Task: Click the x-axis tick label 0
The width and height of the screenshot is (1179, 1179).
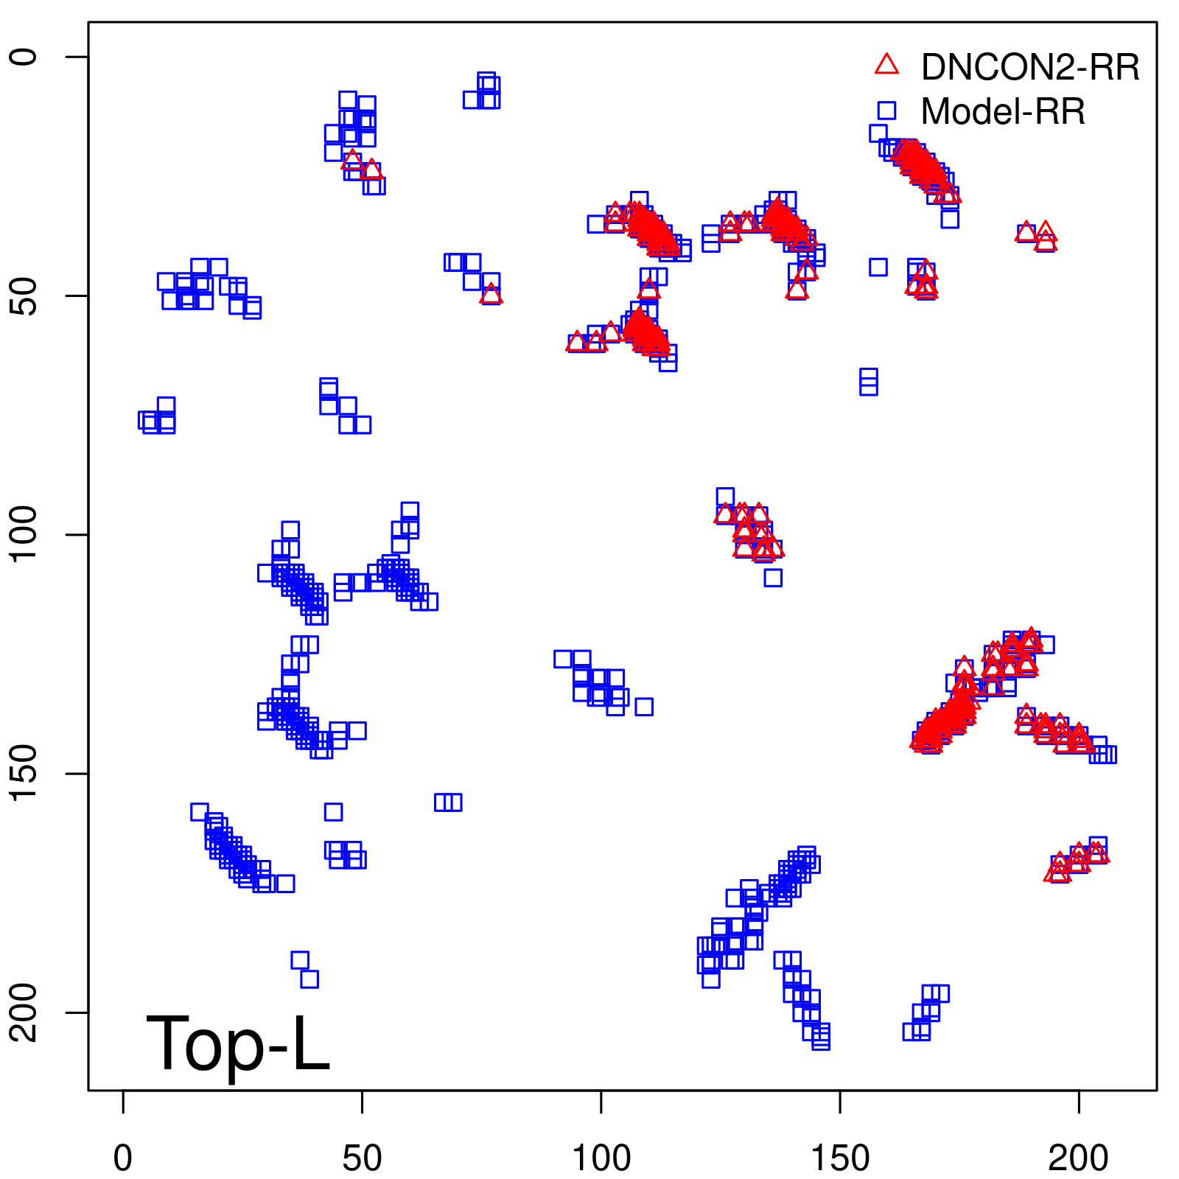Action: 123,1158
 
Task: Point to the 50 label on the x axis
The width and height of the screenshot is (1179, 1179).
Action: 362,1158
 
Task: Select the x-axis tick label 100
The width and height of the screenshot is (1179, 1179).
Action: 601,1158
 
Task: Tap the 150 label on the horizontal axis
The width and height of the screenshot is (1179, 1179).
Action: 840,1158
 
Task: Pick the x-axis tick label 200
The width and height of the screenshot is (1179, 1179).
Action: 1079,1158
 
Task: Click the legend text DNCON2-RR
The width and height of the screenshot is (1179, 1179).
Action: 1030,68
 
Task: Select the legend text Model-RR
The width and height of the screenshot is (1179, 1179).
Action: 1003,112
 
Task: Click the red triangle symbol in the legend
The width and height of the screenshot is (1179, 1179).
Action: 886,65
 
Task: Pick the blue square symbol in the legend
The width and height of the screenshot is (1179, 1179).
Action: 886,111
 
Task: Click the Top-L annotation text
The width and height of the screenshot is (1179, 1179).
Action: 237,1043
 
